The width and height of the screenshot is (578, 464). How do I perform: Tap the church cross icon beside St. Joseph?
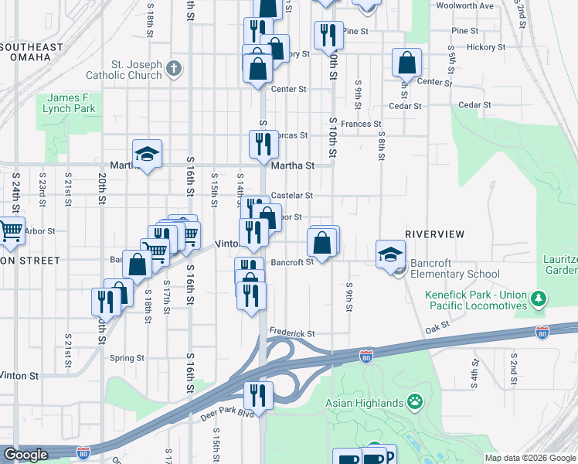coord(174,68)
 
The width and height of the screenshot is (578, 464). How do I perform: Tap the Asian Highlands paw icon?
coord(416,402)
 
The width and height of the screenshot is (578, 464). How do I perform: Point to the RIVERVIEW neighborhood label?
coord(434,234)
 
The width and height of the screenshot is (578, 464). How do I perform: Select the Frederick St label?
coord(292,333)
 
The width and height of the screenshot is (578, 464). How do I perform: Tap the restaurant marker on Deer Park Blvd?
coord(259,395)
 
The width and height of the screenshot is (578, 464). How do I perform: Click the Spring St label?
coord(127,358)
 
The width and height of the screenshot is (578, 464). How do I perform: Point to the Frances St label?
coord(361,124)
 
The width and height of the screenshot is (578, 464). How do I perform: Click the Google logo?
coord(25,455)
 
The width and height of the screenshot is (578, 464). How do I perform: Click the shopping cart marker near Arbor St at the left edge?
coord(10,231)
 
